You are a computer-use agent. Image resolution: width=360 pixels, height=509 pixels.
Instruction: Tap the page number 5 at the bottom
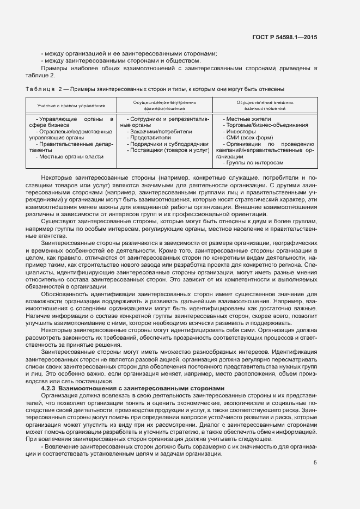click(315, 463)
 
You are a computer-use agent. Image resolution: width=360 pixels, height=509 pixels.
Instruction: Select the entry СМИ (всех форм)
click(246, 138)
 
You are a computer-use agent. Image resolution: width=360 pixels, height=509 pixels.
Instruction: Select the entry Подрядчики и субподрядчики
click(166, 144)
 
